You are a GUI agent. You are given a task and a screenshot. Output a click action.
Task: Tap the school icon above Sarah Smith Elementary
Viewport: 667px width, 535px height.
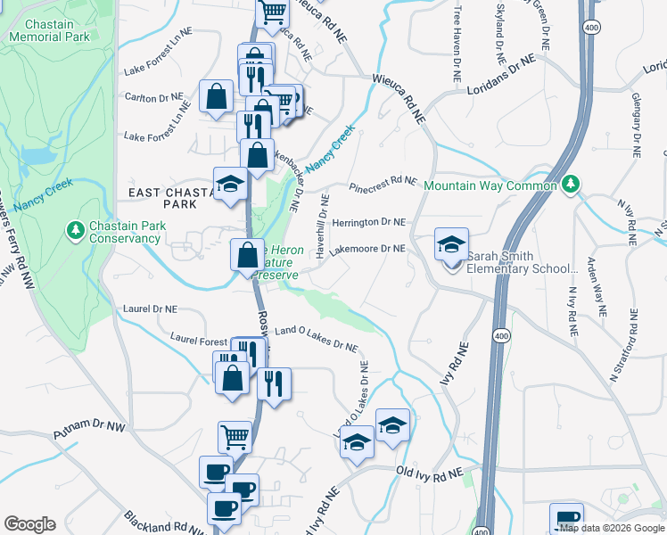click(x=451, y=243)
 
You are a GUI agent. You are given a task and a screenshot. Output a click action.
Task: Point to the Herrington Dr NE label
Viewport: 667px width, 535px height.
click(x=368, y=222)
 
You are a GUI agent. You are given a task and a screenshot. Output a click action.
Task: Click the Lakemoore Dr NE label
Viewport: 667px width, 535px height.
click(x=367, y=251)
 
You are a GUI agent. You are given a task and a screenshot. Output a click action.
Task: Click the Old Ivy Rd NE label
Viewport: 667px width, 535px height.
click(x=430, y=473)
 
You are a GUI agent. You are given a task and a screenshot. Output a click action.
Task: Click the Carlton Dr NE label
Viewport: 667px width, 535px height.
click(x=153, y=96)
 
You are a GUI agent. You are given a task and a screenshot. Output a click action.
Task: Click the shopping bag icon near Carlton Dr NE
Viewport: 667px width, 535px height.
click(x=216, y=95)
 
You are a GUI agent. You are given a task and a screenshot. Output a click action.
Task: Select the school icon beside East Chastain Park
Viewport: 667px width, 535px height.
click(x=230, y=184)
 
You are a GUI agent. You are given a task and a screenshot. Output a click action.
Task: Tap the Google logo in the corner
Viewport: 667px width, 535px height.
click(x=29, y=524)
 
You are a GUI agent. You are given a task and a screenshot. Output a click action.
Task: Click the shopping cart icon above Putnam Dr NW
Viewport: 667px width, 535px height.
click(x=235, y=436)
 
